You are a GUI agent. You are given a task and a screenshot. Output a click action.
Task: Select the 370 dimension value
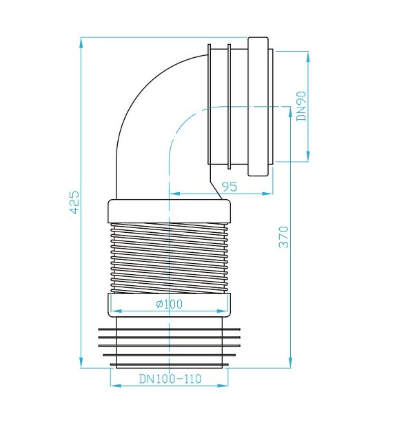(283, 236)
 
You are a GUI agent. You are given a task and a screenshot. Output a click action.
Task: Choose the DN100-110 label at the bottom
(169, 379)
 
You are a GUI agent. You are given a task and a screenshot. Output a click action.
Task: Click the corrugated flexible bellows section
(169, 255)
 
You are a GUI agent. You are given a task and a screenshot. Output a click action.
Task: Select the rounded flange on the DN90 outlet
(260, 107)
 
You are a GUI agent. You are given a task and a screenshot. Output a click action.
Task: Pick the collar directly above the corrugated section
(169, 209)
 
